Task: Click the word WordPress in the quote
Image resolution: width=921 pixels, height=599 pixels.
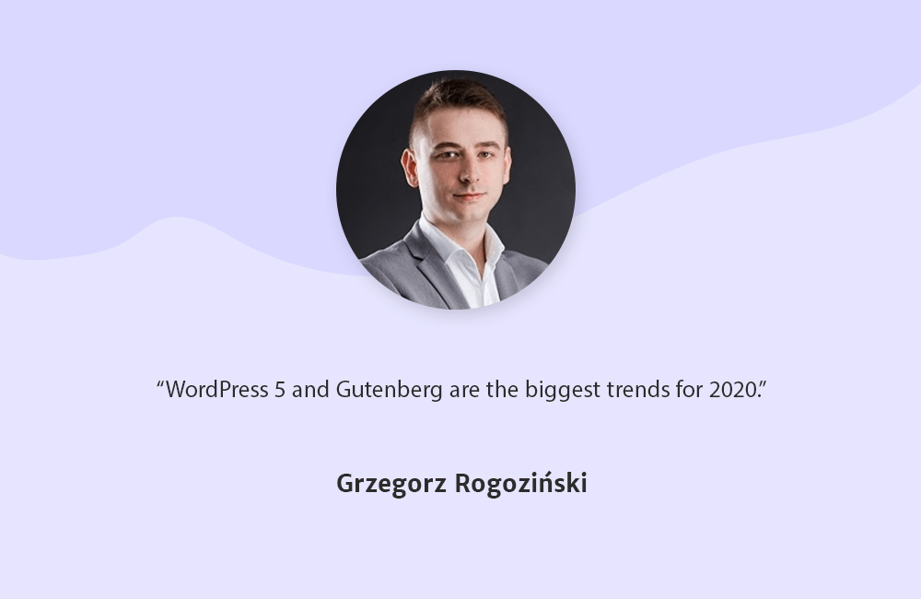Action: (x=217, y=389)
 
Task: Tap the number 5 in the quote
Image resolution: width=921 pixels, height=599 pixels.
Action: (x=280, y=390)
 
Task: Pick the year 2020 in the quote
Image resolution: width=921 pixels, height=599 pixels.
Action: (x=734, y=390)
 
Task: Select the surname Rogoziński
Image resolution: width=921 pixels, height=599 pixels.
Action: (x=521, y=483)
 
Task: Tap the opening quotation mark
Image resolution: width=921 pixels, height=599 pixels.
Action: (x=160, y=383)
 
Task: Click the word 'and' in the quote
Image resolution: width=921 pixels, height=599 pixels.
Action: (x=310, y=390)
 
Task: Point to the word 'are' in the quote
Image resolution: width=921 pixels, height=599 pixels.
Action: (x=464, y=392)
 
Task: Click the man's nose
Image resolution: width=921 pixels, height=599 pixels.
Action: (x=470, y=170)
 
